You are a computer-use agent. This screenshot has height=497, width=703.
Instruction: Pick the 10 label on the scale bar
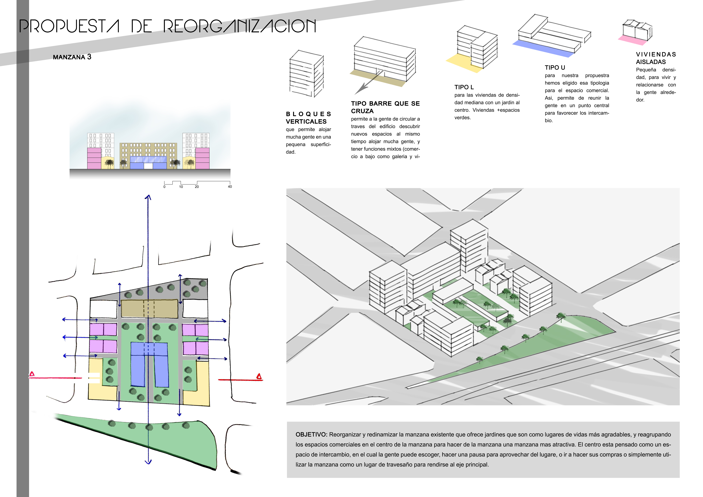(x=181, y=187)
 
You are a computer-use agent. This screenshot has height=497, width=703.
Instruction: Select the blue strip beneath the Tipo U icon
(x=543, y=49)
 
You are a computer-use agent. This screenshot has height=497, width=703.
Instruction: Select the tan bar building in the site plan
(x=149, y=309)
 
